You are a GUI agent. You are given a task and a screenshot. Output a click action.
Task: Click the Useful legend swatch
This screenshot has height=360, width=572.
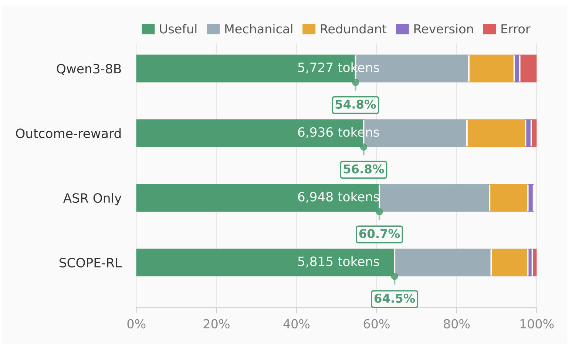coord(148,29)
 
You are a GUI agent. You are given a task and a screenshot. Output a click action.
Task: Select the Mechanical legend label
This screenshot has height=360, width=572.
coord(258,29)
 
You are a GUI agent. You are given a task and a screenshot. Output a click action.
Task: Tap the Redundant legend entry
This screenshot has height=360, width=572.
coord(344,29)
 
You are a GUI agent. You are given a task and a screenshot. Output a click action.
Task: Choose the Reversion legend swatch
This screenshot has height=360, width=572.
coord(402,29)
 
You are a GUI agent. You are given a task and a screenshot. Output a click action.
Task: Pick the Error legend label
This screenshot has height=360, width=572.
coord(515,29)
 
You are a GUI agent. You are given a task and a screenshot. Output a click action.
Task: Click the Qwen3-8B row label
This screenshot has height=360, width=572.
coord(89,69)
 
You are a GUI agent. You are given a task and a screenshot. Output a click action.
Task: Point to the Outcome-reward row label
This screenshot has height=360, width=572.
coord(68,134)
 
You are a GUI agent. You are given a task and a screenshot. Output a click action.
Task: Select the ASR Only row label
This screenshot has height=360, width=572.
coord(92,198)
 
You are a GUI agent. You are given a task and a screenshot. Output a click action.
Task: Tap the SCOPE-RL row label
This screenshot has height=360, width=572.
coord(90,263)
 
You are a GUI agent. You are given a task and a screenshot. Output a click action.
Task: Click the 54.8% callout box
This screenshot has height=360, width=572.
coord(355,105)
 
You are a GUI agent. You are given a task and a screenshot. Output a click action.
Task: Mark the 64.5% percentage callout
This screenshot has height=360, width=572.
coord(395,299)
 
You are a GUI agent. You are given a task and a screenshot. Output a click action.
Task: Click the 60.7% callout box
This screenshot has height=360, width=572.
coord(379,234)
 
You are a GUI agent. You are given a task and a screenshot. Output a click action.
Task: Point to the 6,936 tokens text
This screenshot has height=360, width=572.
coord(338,132)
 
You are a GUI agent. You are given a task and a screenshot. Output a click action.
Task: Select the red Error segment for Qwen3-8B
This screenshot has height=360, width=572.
coord(528,68)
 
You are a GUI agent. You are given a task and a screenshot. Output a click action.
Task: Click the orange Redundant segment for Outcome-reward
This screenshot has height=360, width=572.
coord(496,133)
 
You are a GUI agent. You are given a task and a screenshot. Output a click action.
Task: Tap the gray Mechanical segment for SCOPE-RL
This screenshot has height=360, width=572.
coord(443,262)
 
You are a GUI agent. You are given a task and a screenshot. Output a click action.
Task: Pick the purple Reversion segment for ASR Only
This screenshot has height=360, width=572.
coord(530,198)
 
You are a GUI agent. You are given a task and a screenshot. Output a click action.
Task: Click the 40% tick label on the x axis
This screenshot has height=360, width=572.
coord(296,324)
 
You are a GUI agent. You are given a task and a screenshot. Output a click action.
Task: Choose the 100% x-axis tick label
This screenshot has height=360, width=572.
coord(537,324)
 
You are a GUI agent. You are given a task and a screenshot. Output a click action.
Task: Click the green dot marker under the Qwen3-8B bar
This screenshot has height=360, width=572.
coord(355,83)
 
